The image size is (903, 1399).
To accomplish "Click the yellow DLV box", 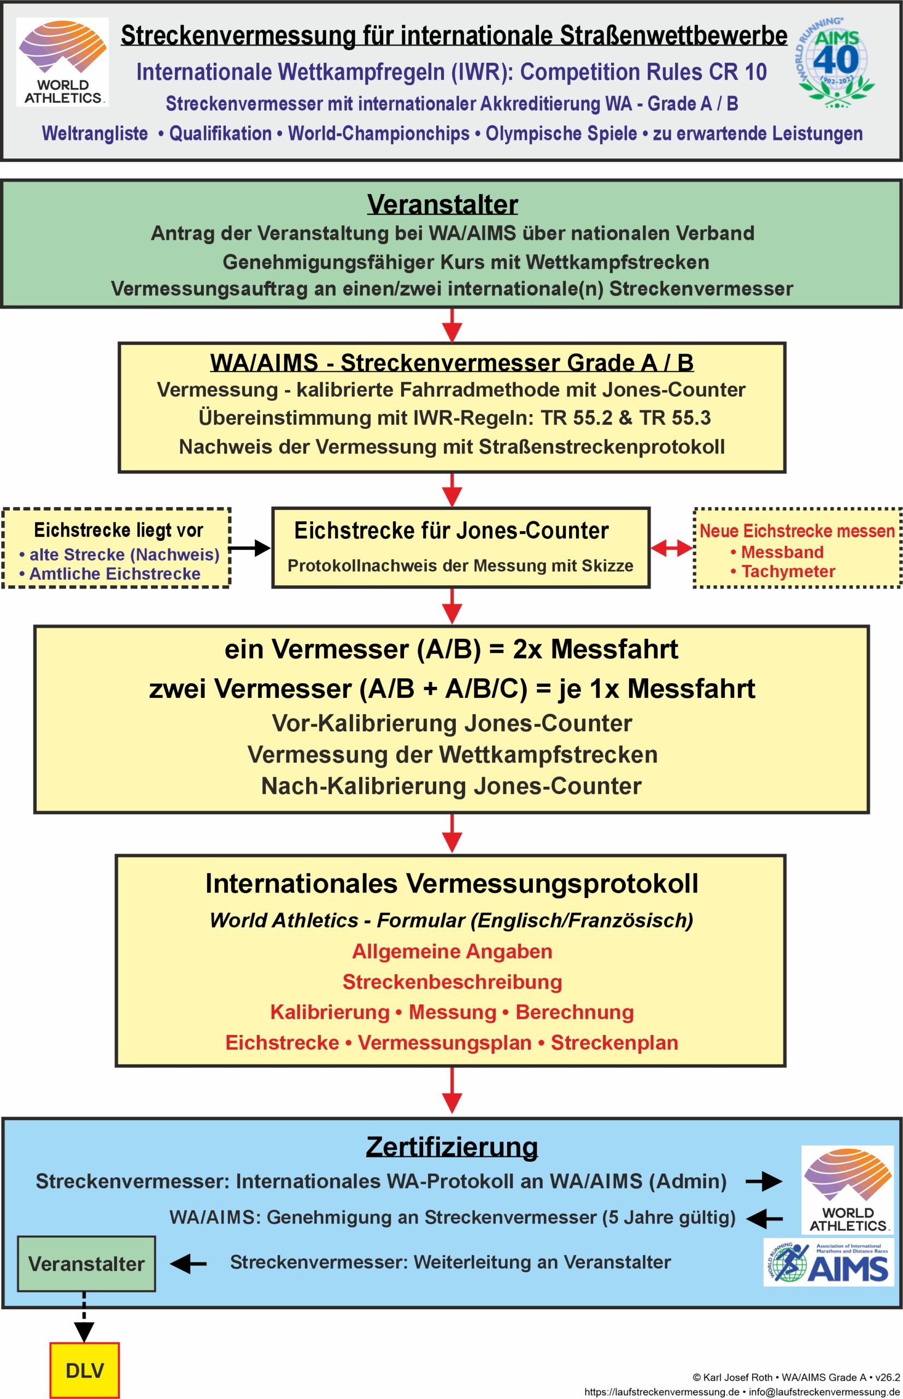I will tap(84, 1369).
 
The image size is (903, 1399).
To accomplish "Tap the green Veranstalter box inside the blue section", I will tap(86, 1263).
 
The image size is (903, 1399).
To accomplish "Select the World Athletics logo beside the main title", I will tap(62, 62).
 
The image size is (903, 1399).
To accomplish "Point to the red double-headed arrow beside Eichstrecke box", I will tap(672, 548).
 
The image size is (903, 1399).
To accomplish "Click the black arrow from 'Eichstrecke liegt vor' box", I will tap(250, 548).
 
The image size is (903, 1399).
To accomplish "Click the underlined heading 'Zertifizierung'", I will tap(451, 1147).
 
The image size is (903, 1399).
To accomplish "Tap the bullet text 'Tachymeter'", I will tap(788, 572).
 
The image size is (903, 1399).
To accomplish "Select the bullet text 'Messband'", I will tap(782, 552).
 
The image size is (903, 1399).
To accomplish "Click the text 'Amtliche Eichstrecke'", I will tap(115, 574).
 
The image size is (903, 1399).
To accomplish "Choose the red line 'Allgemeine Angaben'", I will tap(452, 951).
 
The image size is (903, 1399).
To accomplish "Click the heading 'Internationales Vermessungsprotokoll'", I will tap(451, 884).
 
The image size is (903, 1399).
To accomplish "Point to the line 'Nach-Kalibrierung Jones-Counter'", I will tap(451, 786).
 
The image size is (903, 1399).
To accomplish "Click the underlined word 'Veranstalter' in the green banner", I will tap(443, 204).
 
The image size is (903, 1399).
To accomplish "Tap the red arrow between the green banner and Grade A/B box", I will tap(451, 325).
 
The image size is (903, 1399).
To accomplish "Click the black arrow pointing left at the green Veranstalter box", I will tap(188, 1263).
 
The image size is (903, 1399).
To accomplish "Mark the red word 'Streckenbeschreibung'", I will tap(452, 981).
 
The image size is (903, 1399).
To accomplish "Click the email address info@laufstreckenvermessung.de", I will tap(824, 1392).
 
